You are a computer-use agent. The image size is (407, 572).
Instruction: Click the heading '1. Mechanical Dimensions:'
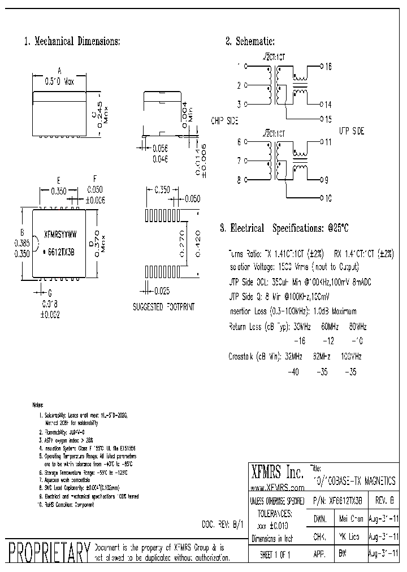click(72, 41)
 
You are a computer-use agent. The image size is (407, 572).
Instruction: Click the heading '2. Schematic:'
click(250, 41)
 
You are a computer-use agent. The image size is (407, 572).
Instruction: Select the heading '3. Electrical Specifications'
click(284, 228)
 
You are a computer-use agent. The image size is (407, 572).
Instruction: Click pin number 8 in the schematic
click(239, 180)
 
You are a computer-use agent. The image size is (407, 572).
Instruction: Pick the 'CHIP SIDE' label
click(224, 121)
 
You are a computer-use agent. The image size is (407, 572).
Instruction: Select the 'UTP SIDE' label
click(351, 131)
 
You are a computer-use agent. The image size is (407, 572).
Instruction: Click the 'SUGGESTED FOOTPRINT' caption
click(163, 307)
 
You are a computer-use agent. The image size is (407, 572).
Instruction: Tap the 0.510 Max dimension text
click(59, 81)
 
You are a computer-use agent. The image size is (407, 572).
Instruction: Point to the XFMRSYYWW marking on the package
click(60, 233)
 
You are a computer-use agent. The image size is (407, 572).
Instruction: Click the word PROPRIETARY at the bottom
click(49, 552)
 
